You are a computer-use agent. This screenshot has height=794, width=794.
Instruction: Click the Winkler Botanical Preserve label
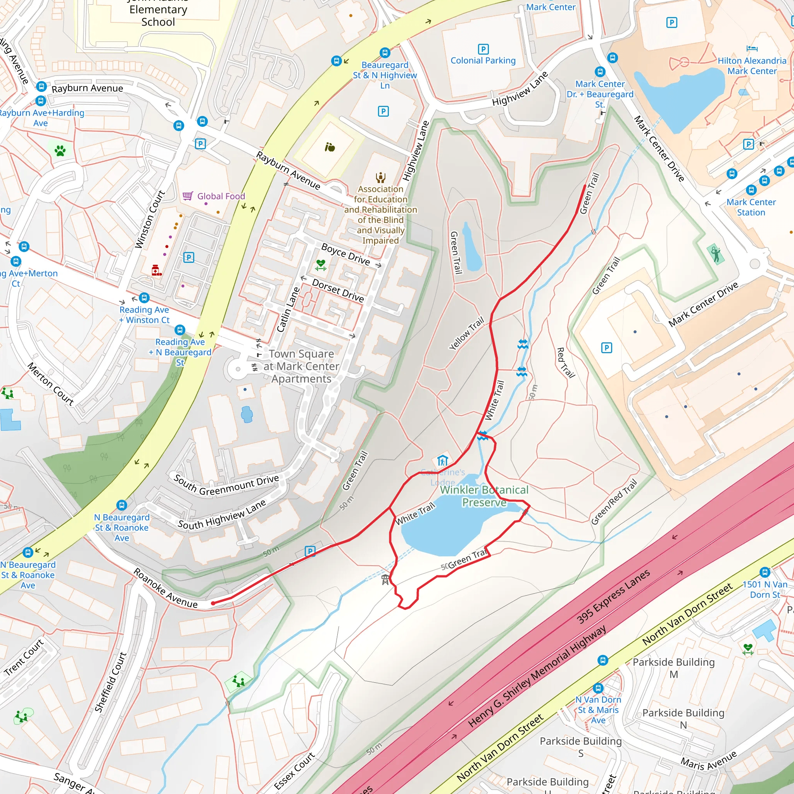click(484, 496)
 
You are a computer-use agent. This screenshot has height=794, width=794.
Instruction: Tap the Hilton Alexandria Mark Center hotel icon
click(752, 48)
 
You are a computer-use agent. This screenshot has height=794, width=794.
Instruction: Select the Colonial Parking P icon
click(483, 49)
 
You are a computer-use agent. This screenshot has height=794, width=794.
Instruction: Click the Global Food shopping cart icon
click(188, 196)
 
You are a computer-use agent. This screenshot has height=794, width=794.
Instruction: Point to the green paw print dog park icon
click(60, 150)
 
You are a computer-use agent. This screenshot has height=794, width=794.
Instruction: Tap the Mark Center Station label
click(751, 207)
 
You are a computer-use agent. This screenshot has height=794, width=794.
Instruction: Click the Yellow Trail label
click(466, 333)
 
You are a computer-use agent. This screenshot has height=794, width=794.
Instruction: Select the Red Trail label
click(565, 362)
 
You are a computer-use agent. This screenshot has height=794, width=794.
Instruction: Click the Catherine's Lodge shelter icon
click(442, 460)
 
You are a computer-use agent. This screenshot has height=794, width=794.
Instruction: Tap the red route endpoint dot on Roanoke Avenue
click(213, 603)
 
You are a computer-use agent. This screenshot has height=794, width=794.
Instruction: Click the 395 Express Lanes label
click(613, 597)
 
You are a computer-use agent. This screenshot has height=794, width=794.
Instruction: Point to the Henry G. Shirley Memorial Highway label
click(537, 676)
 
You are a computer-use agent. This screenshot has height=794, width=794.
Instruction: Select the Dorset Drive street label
click(338, 290)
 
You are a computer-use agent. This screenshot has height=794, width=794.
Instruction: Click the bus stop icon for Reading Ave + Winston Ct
click(144, 297)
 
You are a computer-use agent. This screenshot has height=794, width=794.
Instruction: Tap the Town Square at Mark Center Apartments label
click(301, 366)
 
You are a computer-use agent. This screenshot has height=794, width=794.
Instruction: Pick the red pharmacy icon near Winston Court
click(156, 270)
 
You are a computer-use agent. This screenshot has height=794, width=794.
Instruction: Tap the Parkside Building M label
click(673, 668)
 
